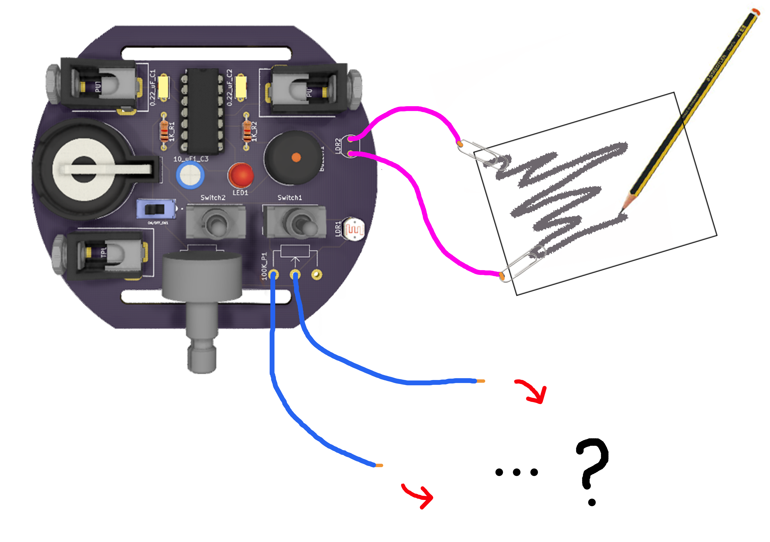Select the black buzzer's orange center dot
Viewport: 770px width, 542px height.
click(296, 157)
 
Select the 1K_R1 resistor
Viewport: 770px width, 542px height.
click(164, 132)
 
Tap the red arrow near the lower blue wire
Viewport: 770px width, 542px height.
click(419, 496)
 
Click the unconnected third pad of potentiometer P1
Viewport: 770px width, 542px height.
click(317, 275)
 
